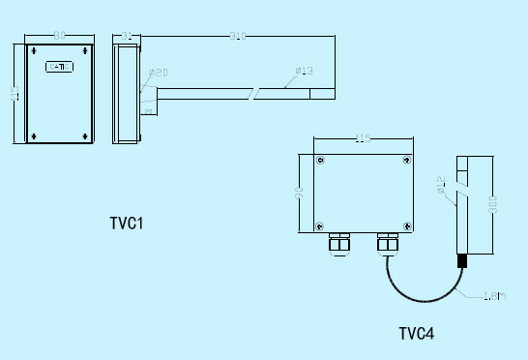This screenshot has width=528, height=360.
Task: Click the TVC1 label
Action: [127, 224]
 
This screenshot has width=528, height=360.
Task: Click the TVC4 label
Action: [417, 334]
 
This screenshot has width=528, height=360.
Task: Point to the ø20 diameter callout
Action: [159, 73]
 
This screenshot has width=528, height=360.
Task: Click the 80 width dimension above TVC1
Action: [59, 36]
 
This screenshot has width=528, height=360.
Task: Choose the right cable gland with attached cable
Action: [386, 242]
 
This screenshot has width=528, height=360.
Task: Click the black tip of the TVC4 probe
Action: [461, 261]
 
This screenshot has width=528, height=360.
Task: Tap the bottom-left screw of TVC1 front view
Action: [31, 135]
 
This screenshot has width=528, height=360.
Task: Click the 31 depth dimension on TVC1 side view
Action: [128, 36]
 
